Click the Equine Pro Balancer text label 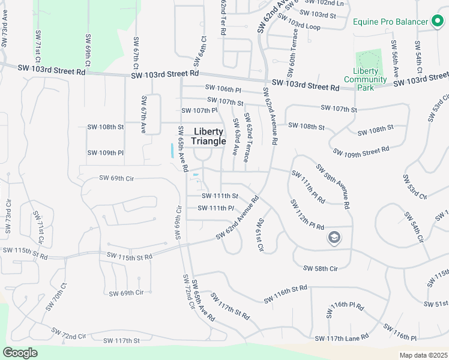point(391,22)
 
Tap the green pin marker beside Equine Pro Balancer point(438,22)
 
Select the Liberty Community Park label point(366,79)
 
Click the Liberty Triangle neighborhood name point(209,136)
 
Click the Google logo point(20,353)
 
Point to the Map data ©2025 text point(423,355)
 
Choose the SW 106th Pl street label point(223,89)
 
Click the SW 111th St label point(220,196)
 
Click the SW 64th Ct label point(200,51)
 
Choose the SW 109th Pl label point(105,152)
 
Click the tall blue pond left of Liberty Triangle point(173,150)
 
